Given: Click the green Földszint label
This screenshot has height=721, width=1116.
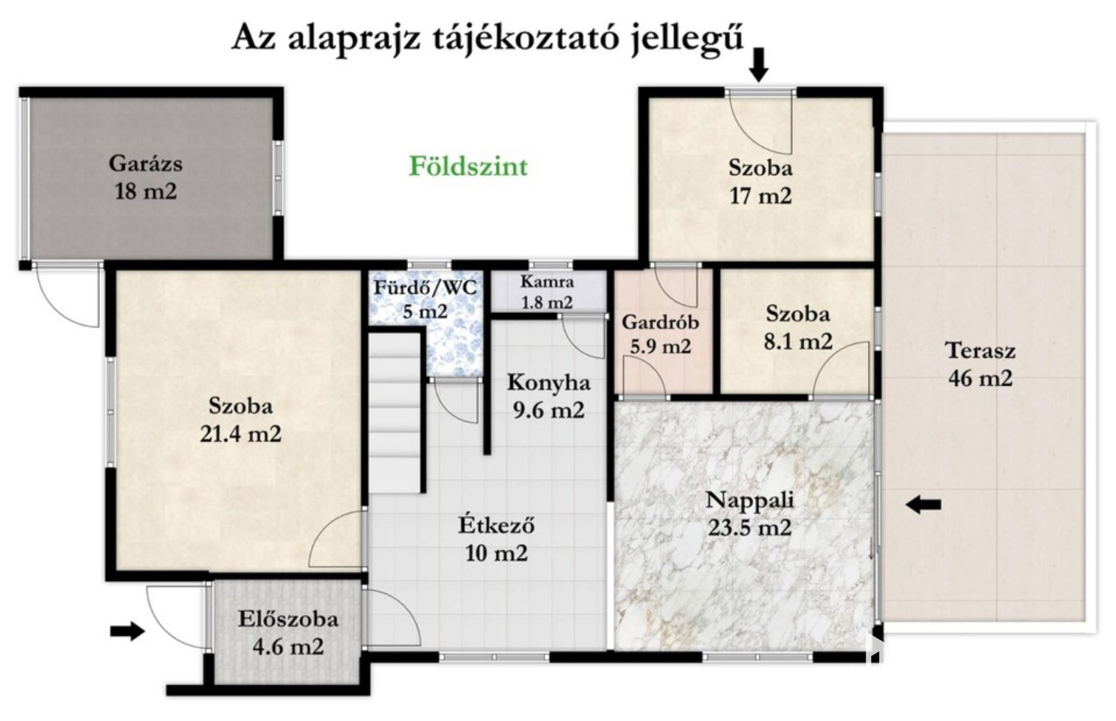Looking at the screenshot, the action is point(468,166).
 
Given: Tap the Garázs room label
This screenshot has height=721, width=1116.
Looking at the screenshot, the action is point(145,163).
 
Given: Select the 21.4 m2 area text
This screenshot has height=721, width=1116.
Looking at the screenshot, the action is point(240,434).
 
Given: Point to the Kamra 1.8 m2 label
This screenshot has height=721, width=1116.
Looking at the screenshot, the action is point(547,292).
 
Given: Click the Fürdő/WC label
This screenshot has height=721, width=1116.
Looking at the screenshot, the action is point(425,288).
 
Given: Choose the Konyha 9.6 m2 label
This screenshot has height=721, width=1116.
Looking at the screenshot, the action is point(549,396).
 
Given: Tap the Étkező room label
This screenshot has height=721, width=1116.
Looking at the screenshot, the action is point(496,525).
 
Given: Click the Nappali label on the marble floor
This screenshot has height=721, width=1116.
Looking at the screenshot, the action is point(750,500).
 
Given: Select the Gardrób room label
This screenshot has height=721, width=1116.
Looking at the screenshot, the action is point(660,322).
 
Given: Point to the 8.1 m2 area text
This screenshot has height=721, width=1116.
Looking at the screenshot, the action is point(797,341).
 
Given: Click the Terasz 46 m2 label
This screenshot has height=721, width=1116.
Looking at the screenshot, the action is point(980,364).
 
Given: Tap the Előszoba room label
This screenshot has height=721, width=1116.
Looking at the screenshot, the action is point(288,619).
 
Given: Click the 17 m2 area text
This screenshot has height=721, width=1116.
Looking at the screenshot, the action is point(760,196).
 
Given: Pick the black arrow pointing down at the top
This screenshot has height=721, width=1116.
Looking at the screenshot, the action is point(760,65).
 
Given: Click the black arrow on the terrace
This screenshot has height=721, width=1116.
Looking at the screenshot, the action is point(923,505).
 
